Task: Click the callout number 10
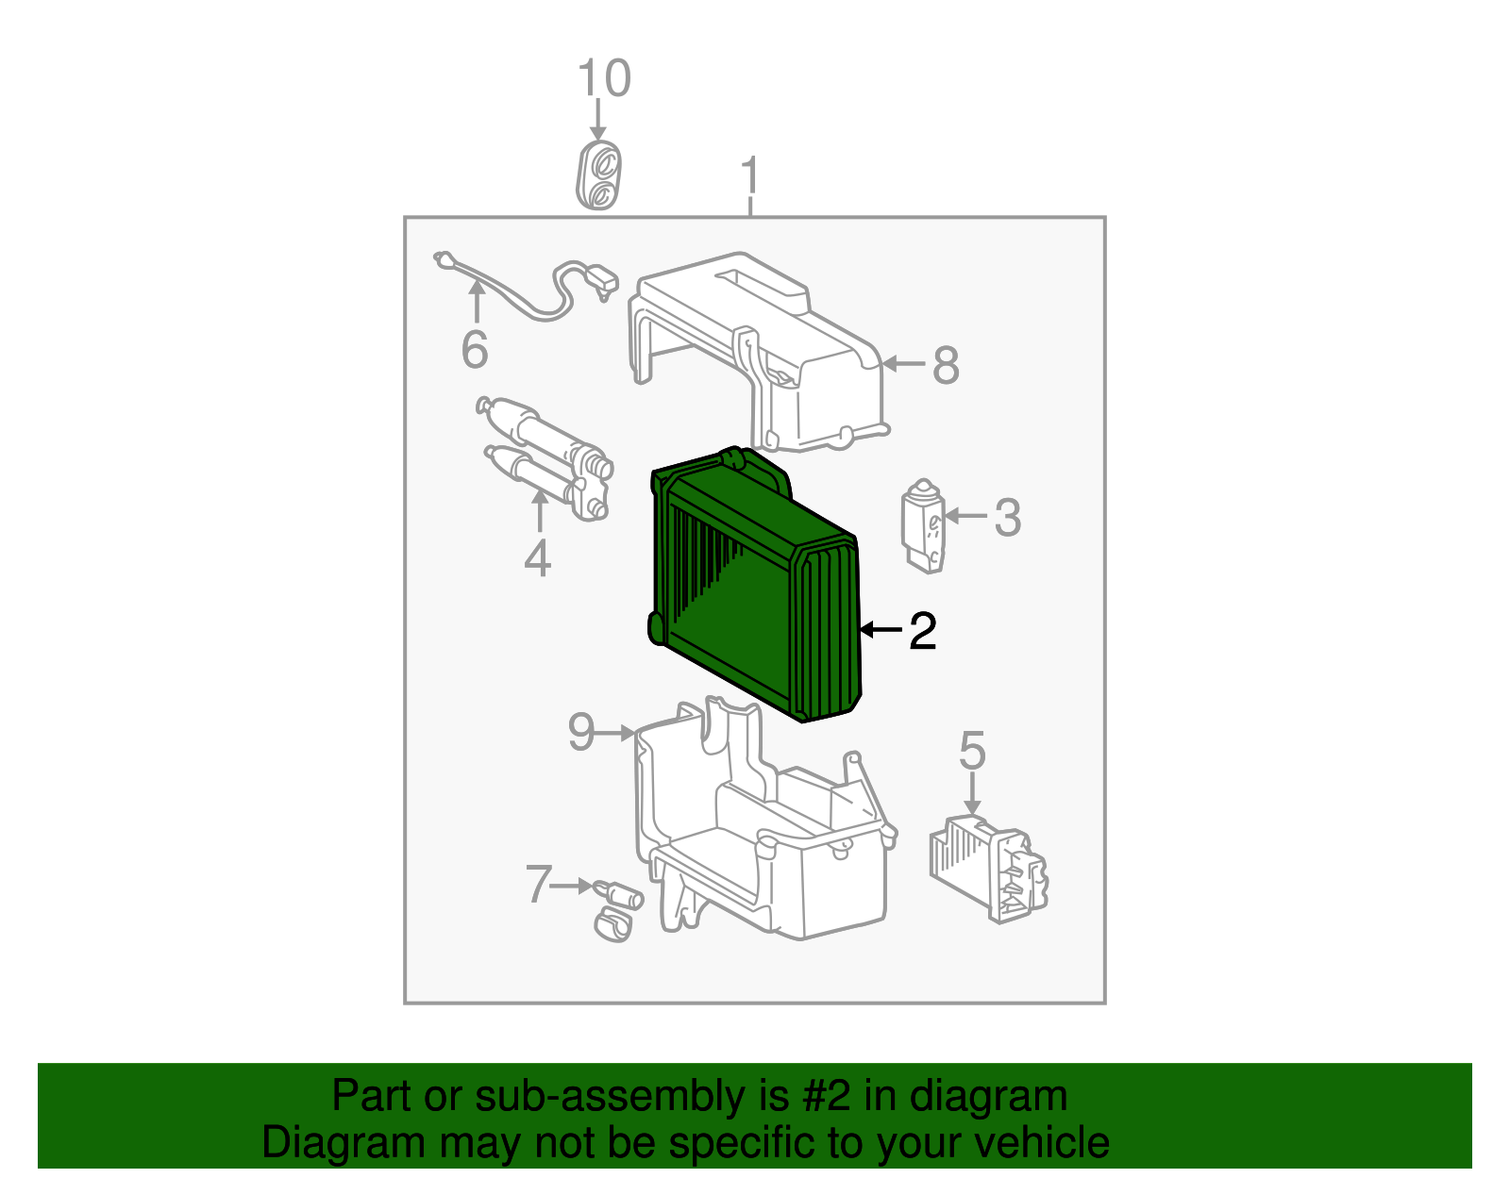pos(604,77)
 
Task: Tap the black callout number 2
pos(923,631)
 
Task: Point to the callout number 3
pos(1008,517)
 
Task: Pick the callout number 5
pos(972,750)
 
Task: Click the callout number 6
pos(476,349)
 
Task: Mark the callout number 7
pos(539,885)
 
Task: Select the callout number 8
pos(946,365)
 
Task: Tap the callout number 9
pos(581,732)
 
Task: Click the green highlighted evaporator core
pos(755,585)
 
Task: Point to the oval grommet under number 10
pos(598,174)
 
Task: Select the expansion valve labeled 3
pos(924,526)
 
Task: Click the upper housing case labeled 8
pos(759,352)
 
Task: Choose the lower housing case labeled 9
pos(765,819)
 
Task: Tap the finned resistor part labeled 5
pos(988,869)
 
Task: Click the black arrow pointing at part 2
pos(881,630)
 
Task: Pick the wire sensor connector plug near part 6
pos(602,281)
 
